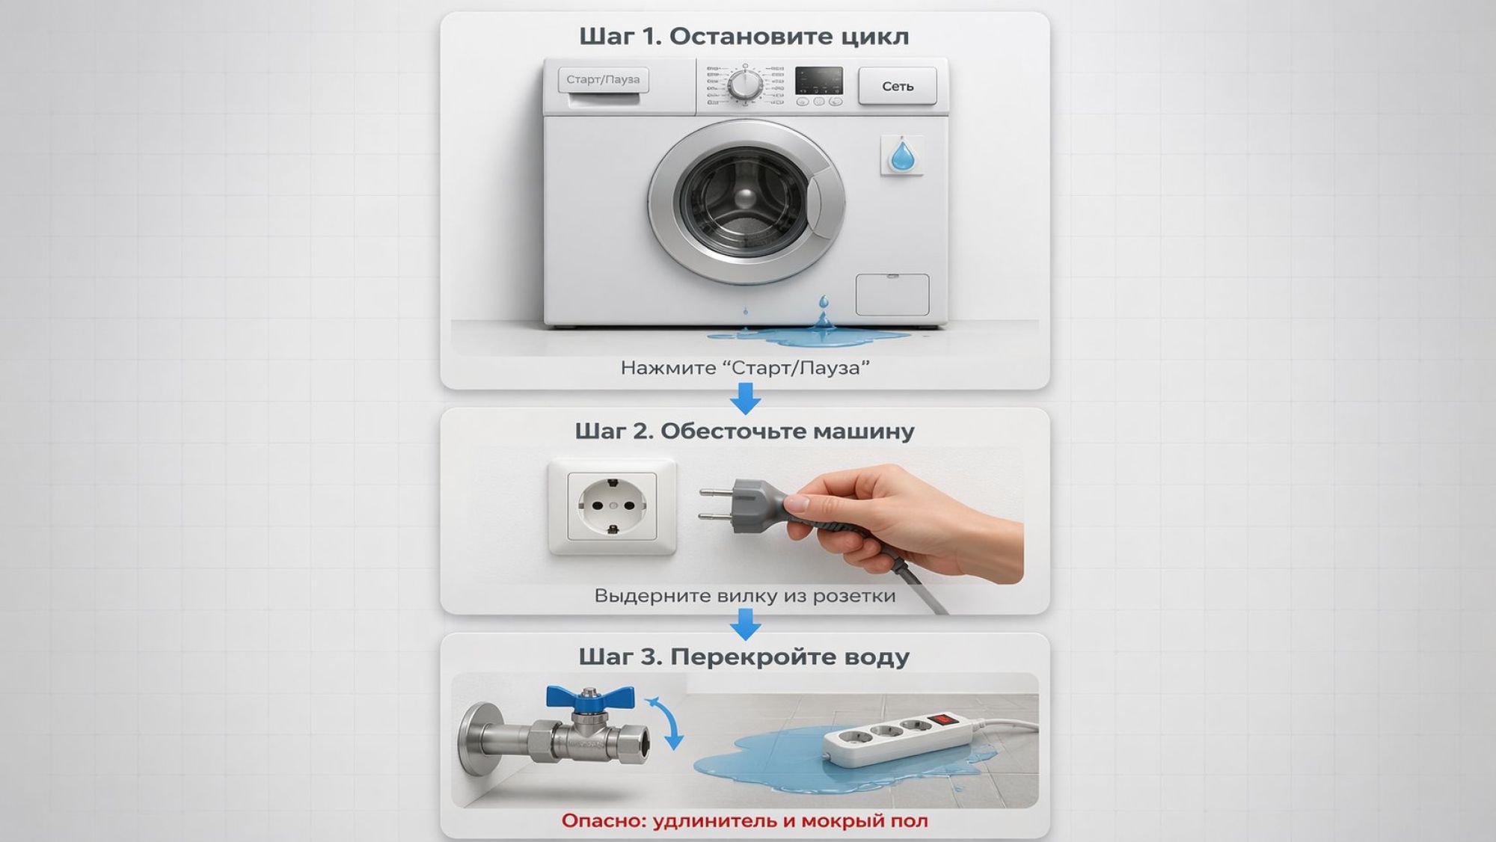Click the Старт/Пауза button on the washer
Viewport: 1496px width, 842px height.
(603, 79)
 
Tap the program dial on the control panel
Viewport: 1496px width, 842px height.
(746, 84)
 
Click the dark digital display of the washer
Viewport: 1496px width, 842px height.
(818, 80)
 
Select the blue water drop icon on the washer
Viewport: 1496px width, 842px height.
(902, 156)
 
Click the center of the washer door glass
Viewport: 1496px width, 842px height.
(745, 199)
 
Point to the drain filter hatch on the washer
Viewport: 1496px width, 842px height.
(892, 295)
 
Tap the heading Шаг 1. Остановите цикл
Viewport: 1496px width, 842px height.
(744, 37)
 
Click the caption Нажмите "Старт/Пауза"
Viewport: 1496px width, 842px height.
(745, 368)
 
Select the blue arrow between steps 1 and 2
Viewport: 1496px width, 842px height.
(745, 399)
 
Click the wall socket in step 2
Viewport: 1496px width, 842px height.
(612, 506)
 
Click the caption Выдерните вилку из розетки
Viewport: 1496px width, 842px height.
(745, 596)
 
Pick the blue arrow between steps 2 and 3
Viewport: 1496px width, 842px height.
(745, 624)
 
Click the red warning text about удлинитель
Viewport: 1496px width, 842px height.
(745, 821)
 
